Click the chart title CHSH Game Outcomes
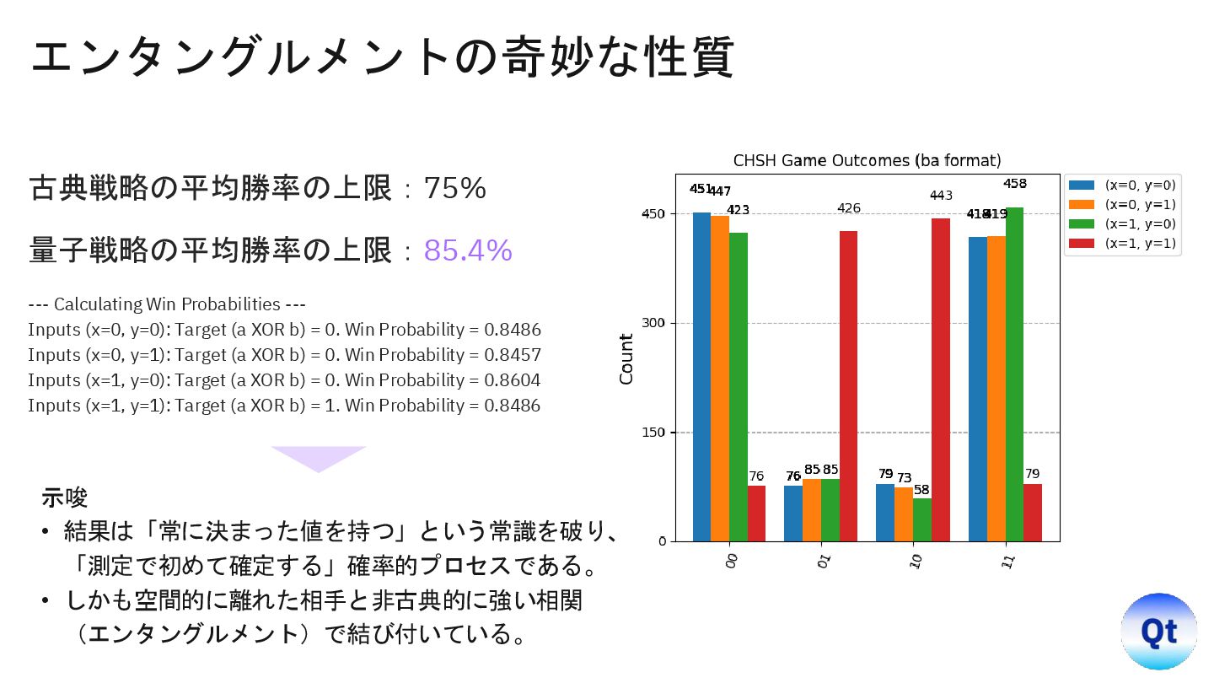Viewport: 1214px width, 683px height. coord(867,160)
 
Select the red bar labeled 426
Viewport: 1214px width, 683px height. coord(848,385)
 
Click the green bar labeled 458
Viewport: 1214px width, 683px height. coord(1014,374)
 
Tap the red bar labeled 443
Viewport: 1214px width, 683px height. coord(940,379)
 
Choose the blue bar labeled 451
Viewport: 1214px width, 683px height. coord(701,376)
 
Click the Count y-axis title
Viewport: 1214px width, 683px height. coord(626,358)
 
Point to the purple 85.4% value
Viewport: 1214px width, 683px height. coord(468,250)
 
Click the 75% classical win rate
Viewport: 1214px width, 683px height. coord(454,189)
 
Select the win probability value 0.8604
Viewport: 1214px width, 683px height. coord(512,380)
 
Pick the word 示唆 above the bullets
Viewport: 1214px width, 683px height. coord(65,497)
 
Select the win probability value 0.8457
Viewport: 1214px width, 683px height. coord(512,355)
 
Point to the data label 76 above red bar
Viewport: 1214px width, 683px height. coord(756,476)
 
